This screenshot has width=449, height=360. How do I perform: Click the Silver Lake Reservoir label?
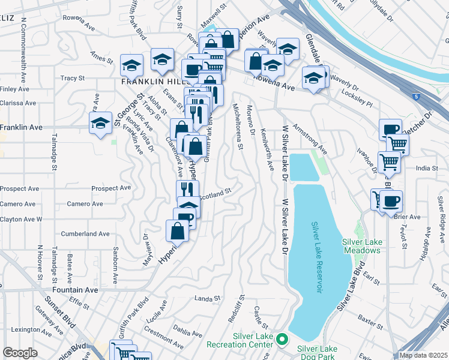[316, 257]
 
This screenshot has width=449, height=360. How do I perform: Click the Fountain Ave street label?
[77, 290]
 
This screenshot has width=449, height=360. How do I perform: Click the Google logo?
[20, 353]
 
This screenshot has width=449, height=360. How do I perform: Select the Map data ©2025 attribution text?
[423, 355]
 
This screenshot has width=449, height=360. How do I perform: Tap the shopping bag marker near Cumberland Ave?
[178, 230]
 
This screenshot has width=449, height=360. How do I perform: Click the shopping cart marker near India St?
[389, 161]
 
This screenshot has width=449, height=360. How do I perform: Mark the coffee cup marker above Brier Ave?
[391, 200]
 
